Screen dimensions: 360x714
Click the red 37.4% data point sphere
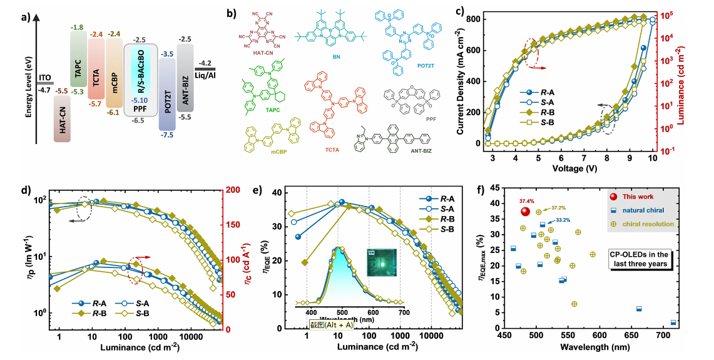(x=524, y=212)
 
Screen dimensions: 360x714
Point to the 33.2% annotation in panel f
(x=563, y=220)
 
